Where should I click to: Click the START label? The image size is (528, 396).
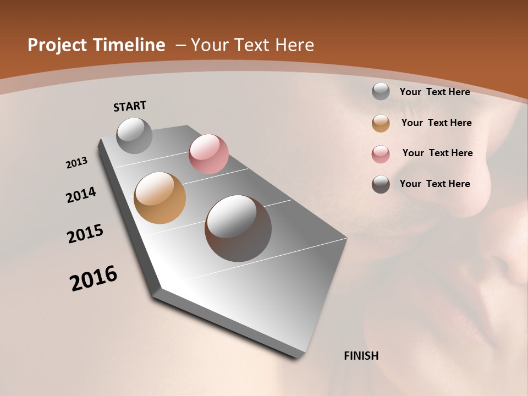click(130, 106)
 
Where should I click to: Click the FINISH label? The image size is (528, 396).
click(361, 356)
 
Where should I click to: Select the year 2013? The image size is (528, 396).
click(77, 163)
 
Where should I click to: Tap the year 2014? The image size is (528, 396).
click(81, 195)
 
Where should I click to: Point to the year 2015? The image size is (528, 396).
click(85, 234)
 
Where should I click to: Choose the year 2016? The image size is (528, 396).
click(94, 278)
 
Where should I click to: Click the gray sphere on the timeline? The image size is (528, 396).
click(135, 135)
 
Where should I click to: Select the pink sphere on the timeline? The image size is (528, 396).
click(208, 154)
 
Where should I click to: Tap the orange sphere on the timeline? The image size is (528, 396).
click(159, 198)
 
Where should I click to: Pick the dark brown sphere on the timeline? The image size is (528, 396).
click(238, 228)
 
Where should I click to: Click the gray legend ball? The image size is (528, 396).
click(381, 91)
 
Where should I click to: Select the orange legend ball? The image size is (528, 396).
click(381, 123)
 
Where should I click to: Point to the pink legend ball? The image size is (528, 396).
click(381, 154)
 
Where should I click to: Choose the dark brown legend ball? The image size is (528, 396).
click(381, 184)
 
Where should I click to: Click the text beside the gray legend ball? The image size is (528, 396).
click(435, 92)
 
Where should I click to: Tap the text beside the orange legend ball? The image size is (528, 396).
click(436, 123)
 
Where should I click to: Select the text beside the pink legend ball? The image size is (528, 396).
click(437, 153)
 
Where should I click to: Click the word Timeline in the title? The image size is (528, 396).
click(132, 45)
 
